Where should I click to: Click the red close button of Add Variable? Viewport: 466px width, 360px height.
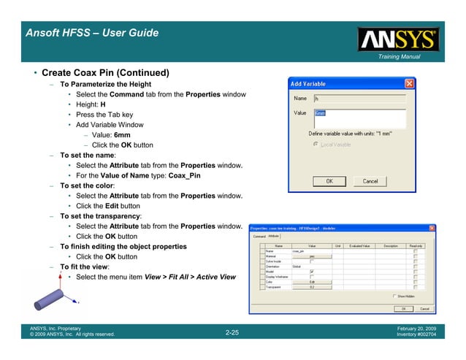pyautogui.click(x=410, y=84)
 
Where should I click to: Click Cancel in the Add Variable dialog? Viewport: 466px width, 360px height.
pyautogui.click(x=375, y=181)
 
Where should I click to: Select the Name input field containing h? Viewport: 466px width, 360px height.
pyautogui.click(x=359, y=98)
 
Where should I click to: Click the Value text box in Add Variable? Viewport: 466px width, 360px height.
pyautogui.click(x=359, y=118)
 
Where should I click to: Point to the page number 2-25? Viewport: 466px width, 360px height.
pyautogui.click(x=233, y=332)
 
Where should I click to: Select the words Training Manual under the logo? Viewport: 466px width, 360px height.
pyautogui.click(x=399, y=57)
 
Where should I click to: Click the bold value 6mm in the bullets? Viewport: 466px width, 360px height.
pyautogui.click(x=122, y=135)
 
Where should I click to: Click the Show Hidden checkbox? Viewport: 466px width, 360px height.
pyautogui.click(x=394, y=296)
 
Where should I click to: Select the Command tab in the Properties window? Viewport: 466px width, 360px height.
pyautogui.click(x=259, y=236)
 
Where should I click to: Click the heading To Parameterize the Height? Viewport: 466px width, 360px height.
pyautogui.click(x=105, y=85)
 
